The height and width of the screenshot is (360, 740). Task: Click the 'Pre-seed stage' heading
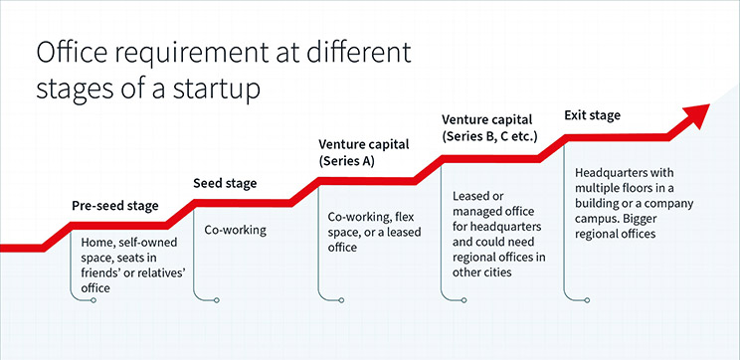pos(115,206)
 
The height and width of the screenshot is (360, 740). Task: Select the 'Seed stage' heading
pos(224,183)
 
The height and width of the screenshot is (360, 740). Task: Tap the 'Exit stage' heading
pos(592,115)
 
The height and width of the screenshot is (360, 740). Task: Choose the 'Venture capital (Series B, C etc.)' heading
pos(489,127)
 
